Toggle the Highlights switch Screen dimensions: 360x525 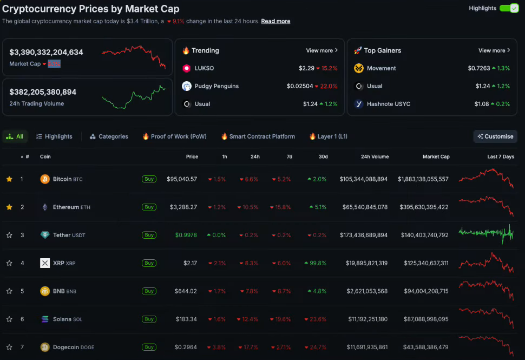click(509, 8)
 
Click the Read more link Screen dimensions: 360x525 click(275, 21)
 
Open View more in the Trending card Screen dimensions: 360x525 click(321, 50)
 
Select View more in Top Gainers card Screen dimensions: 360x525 click(494, 50)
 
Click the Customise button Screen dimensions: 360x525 click(495, 136)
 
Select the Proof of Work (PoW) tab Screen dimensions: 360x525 click(174, 136)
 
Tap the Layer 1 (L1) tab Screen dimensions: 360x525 click(328, 136)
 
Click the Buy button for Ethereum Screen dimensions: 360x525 click(149, 207)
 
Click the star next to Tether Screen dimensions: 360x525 click(9, 235)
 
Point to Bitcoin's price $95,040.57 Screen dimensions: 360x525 click(182, 179)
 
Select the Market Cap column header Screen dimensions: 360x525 click(436, 156)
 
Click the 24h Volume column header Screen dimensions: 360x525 click(375, 156)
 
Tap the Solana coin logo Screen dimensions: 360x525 click(45, 319)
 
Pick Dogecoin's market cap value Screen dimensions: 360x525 click(423, 347)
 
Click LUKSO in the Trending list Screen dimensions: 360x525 click(204, 68)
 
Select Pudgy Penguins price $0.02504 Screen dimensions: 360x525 click(300, 86)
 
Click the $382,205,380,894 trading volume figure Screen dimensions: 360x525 click(43, 92)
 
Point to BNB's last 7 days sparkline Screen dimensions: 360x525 click(485, 290)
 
